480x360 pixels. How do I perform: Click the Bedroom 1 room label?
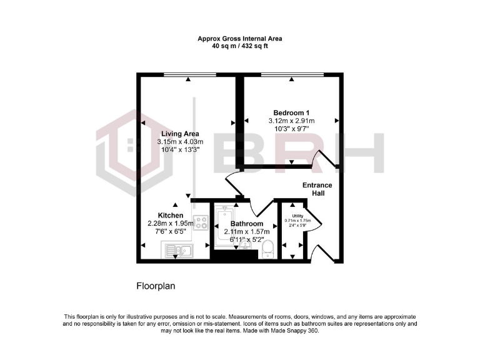[x=291, y=112]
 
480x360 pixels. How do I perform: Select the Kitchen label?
[x=170, y=216]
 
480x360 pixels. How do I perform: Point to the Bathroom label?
[x=246, y=224]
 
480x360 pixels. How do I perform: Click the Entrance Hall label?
[x=317, y=189]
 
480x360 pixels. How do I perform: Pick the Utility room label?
[x=297, y=216]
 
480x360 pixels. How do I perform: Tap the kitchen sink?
[x=179, y=251]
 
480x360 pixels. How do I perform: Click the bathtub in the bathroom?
[x=222, y=228]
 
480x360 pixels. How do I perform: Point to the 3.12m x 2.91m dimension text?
[x=291, y=121]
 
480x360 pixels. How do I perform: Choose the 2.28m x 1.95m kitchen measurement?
[x=170, y=223]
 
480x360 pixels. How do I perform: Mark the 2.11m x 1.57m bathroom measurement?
[x=246, y=232]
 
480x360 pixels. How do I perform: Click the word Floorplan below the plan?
[x=156, y=286]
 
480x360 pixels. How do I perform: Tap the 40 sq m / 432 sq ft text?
[x=240, y=47]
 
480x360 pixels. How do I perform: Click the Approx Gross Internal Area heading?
[x=240, y=39]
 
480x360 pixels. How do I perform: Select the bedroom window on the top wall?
[x=292, y=75]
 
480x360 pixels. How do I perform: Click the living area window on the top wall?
[x=189, y=75]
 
